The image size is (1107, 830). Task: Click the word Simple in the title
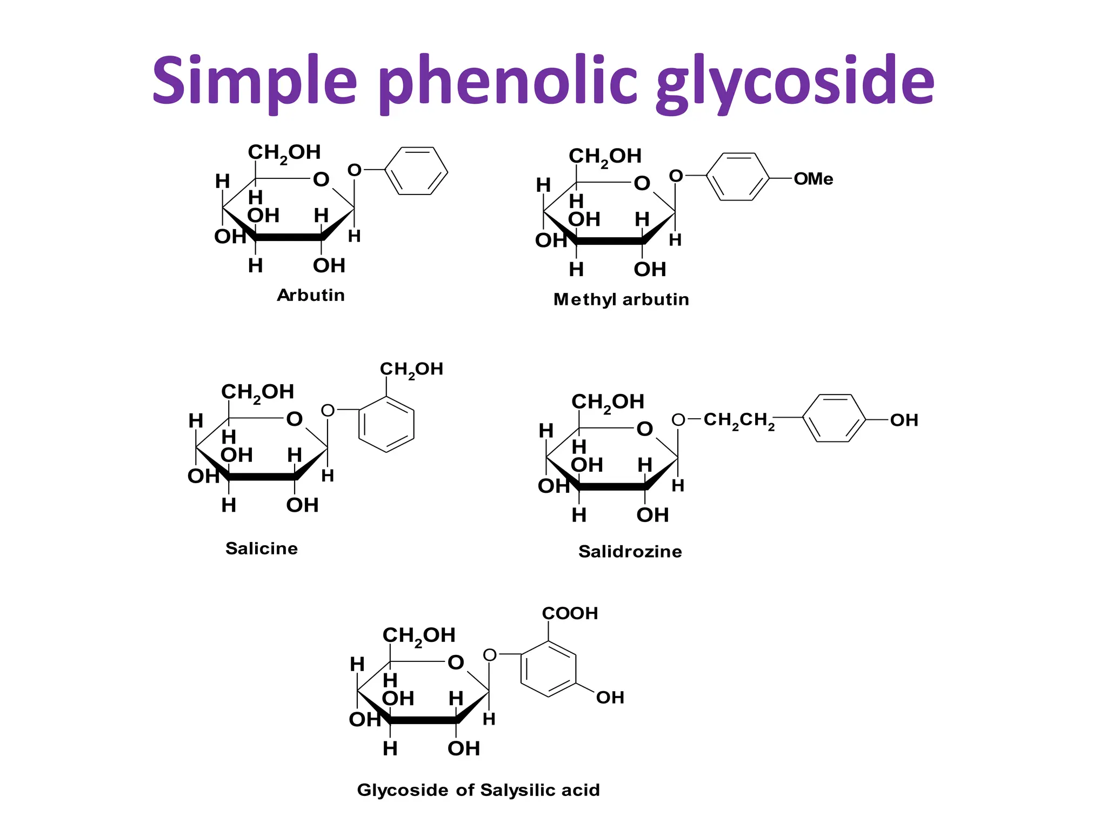point(254,81)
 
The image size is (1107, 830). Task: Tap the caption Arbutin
point(311,296)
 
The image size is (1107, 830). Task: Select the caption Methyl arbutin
point(621,299)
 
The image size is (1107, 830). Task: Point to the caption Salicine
point(262,548)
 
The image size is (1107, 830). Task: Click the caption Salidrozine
point(630,552)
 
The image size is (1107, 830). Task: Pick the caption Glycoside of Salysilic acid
point(478,790)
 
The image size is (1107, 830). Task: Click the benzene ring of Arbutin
point(416,171)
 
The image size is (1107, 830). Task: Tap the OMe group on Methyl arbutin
point(813,179)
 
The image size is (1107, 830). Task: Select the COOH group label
point(570,613)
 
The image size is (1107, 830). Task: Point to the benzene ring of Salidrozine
point(833,418)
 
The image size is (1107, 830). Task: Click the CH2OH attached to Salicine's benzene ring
point(411,370)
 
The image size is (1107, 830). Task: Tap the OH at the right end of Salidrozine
point(904,420)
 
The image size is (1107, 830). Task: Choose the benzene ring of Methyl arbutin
point(737,177)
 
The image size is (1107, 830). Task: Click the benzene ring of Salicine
point(386,424)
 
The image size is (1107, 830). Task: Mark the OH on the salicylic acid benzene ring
point(610,698)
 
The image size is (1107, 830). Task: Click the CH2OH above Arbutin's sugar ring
point(284,153)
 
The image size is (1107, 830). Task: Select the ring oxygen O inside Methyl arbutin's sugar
point(642,184)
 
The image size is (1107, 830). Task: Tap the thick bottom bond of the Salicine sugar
point(262,477)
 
